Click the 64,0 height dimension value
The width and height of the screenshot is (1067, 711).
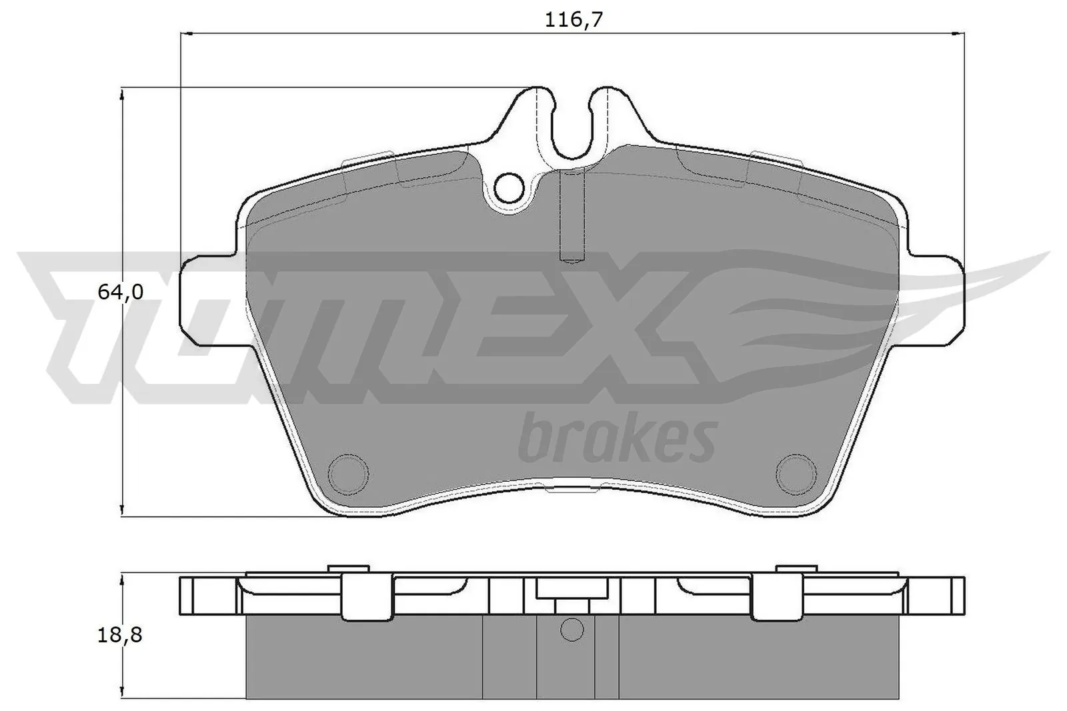(x=121, y=292)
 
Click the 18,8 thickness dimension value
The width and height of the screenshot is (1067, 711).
(x=121, y=635)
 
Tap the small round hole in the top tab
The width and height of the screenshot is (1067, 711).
(x=511, y=188)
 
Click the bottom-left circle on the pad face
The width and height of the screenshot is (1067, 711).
(x=349, y=472)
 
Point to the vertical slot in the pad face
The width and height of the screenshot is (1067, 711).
(x=572, y=215)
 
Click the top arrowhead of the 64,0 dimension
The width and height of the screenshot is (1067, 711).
(x=121, y=95)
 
